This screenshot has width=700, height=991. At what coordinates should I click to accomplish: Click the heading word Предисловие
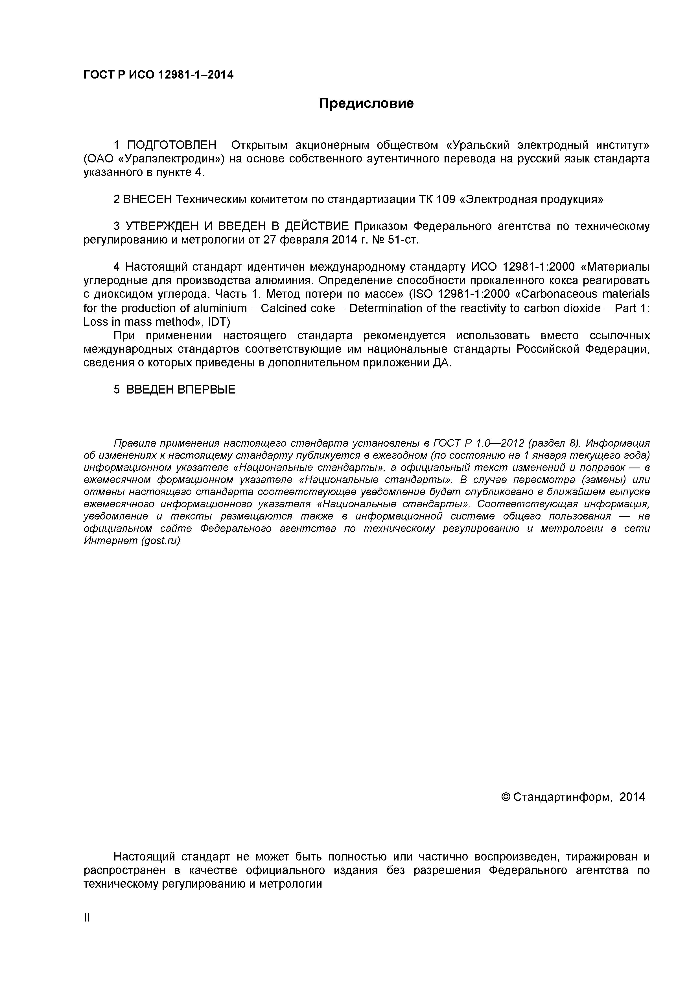coord(366,104)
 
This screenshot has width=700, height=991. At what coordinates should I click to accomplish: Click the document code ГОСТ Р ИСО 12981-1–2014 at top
coord(158,75)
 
